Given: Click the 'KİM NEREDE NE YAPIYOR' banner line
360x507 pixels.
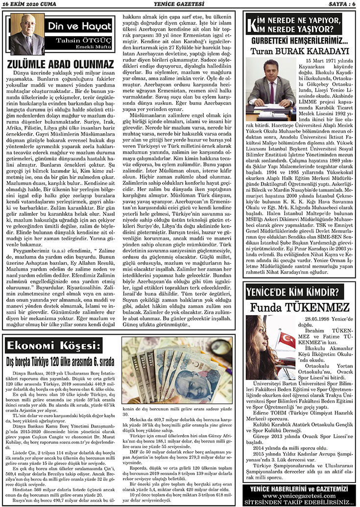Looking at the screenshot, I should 301,21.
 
